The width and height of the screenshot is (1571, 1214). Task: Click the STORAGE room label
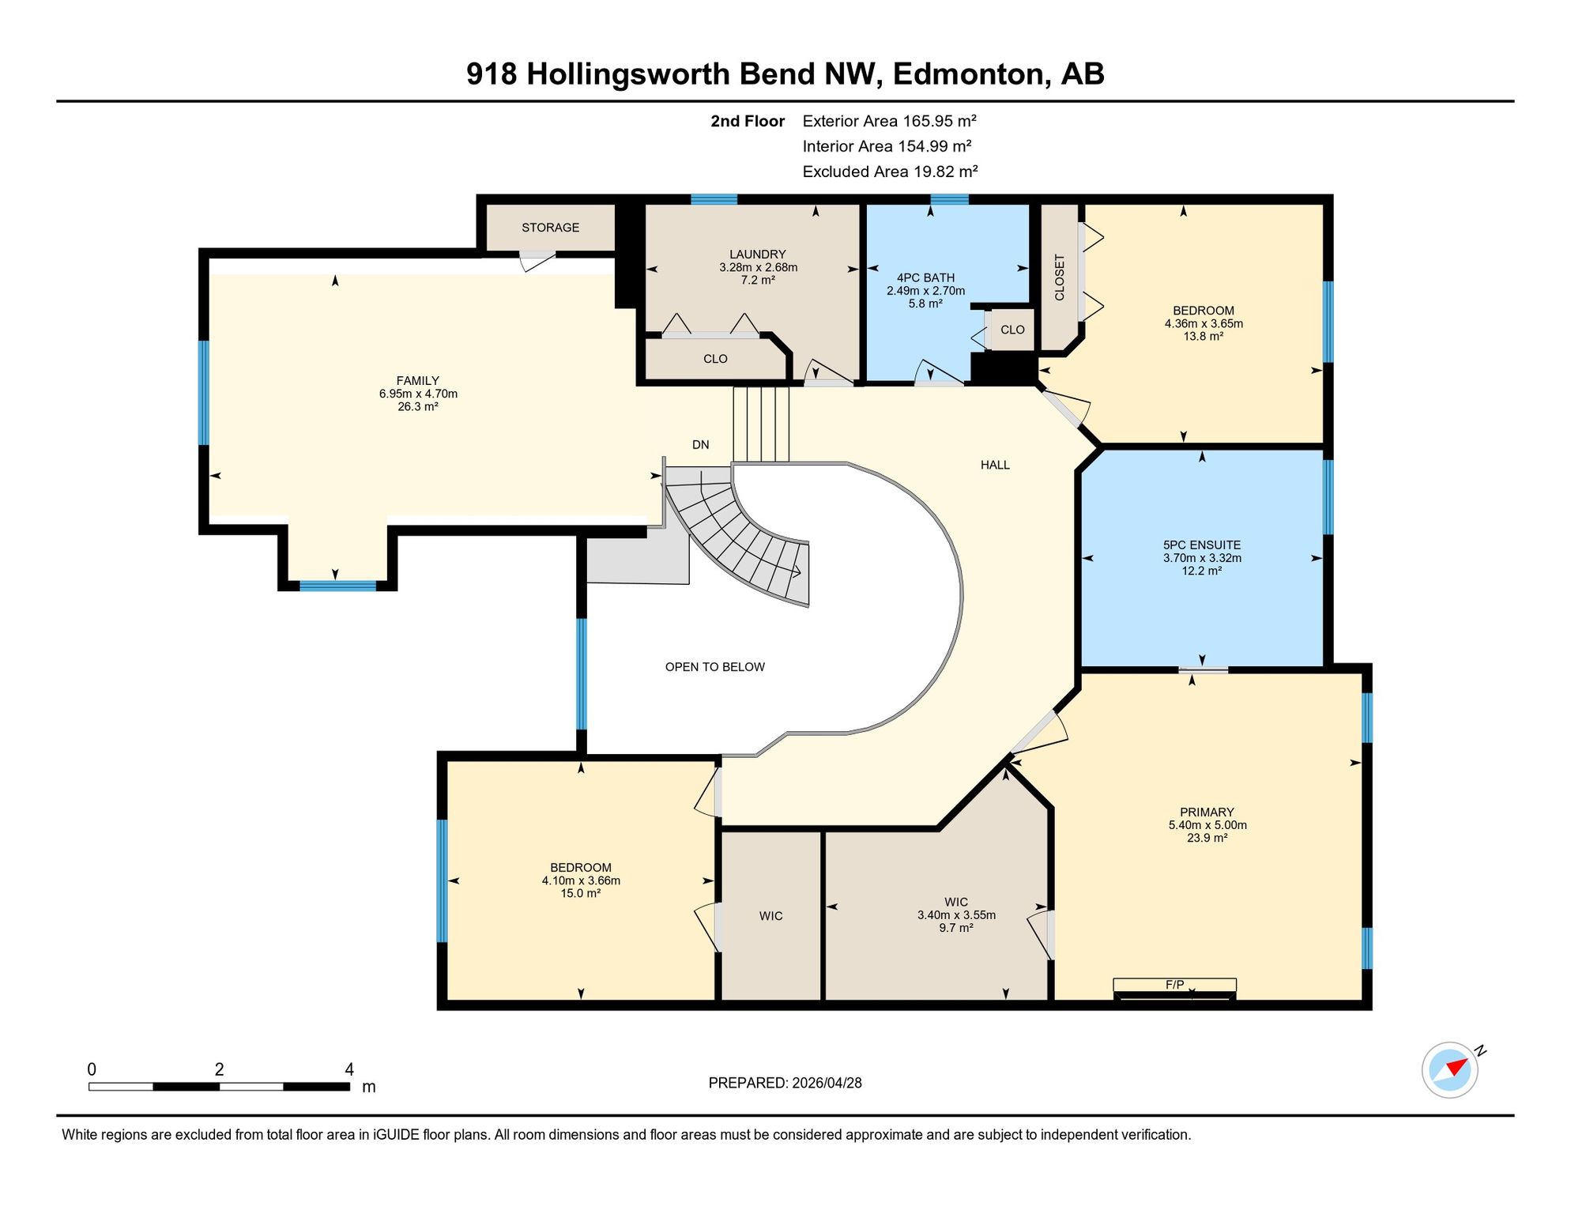[x=550, y=228]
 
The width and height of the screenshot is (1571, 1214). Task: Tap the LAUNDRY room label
[x=757, y=254]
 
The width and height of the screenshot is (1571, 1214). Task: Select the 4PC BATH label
[x=925, y=278]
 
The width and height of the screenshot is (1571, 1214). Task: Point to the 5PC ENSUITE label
[x=1202, y=545]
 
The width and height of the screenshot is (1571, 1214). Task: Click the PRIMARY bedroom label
[x=1207, y=812]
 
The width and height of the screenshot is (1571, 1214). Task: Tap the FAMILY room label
[x=418, y=381]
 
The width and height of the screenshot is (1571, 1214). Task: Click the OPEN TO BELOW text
[x=714, y=667]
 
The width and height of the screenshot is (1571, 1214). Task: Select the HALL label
[x=995, y=465]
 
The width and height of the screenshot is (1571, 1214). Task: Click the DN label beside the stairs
[x=700, y=445]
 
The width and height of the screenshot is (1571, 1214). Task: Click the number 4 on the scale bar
[x=349, y=1069]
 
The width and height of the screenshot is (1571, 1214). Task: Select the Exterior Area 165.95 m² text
[x=889, y=121]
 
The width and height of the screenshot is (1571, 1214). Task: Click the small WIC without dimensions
[x=770, y=916]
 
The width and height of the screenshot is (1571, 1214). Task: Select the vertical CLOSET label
[x=1060, y=277]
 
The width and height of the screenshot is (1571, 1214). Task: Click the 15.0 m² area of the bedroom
[x=581, y=894]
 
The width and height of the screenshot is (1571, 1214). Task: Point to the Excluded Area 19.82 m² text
[x=890, y=172]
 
